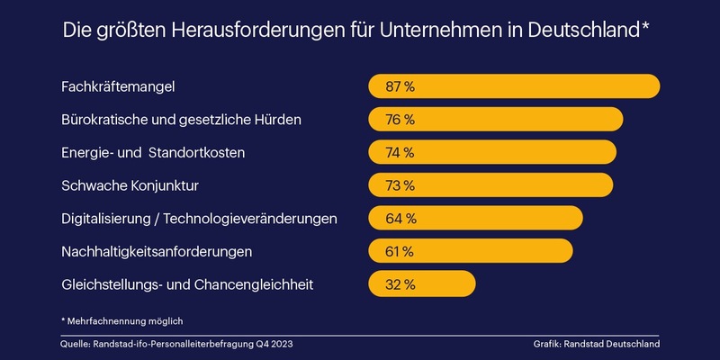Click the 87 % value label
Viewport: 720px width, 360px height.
(400, 86)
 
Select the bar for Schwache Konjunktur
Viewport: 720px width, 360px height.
(490, 185)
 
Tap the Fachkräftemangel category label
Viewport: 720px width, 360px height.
(117, 86)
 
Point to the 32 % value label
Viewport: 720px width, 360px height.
(400, 284)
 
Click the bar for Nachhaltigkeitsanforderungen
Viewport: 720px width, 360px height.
(471, 251)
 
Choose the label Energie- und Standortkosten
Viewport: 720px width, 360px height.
(153, 152)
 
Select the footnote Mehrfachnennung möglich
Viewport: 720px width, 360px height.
(128, 319)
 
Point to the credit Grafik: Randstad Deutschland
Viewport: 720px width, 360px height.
(596, 344)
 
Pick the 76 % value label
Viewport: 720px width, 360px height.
(400, 120)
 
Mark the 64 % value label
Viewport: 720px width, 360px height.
(400, 219)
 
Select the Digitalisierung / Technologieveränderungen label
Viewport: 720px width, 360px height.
(199, 219)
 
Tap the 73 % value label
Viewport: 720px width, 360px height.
(400, 185)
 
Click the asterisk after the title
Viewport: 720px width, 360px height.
(645, 27)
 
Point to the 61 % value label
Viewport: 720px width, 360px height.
(400, 251)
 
